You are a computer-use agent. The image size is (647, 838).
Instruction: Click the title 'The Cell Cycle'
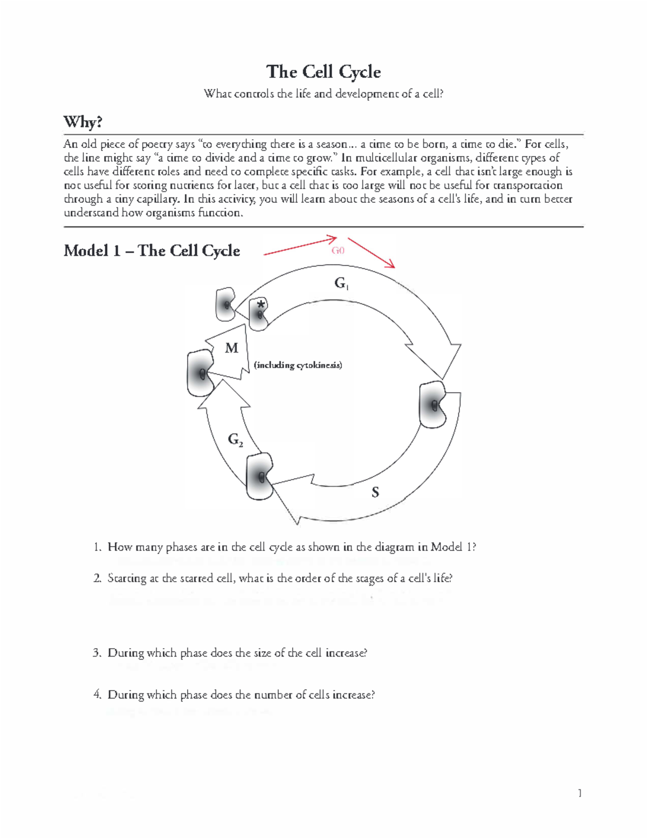[x=323, y=72]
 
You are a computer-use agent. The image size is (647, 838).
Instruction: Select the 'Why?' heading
[x=82, y=122]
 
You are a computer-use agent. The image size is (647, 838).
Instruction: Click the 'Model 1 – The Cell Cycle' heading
[x=152, y=250]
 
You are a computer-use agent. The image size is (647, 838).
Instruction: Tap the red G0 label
[x=338, y=250]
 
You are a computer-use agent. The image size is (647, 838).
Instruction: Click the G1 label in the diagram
[x=341, y=283]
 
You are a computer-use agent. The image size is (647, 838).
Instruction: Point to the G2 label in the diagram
[x=235, y=440]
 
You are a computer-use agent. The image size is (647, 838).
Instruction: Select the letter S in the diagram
[x=375, y=492]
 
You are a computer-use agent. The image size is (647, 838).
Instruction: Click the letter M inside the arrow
[x=231, y=348]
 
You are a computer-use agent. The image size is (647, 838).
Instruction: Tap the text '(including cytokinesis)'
[x=298, y=365]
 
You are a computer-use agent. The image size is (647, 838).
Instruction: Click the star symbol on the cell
[x=261, y=305]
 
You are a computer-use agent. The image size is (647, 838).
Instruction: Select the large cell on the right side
[x=433, y=405]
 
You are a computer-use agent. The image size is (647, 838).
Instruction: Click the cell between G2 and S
[x=260, y=476]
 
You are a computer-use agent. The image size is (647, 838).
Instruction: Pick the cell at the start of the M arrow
[x=200, y=373]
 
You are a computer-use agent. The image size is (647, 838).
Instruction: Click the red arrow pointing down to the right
[x=371, y=253]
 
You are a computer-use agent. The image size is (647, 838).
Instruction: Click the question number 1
[x=97, y=547]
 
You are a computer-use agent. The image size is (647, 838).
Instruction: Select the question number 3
[x=97, y=653]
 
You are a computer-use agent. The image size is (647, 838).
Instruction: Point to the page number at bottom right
[x=580, y=793]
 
